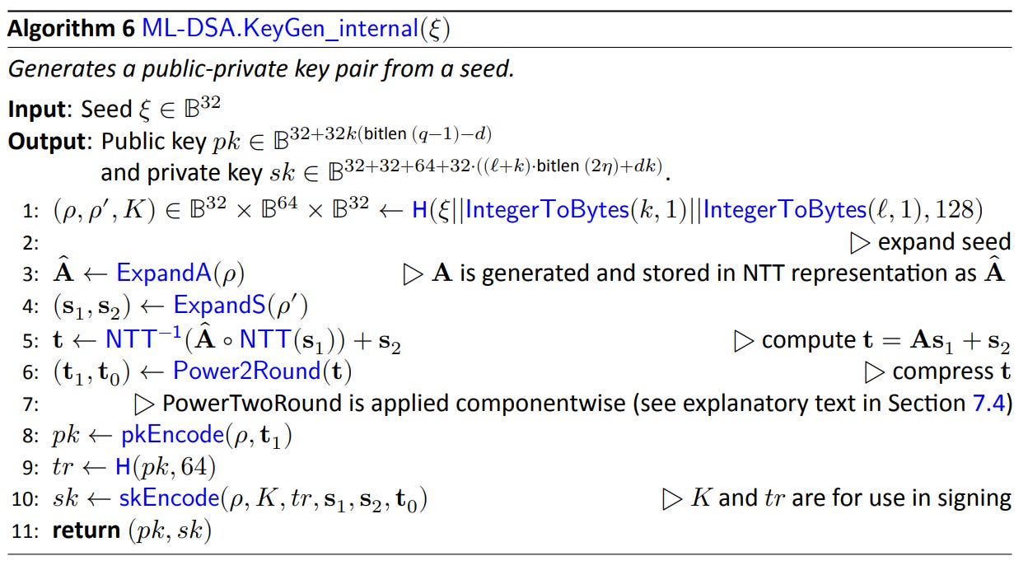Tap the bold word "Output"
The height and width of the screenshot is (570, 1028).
point(47,142)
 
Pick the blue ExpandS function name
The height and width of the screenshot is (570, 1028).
point(219,306)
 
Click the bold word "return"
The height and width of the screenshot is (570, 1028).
point(86,531)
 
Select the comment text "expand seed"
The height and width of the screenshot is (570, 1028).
point(944,242)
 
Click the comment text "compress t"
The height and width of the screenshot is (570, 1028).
point(951,371)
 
